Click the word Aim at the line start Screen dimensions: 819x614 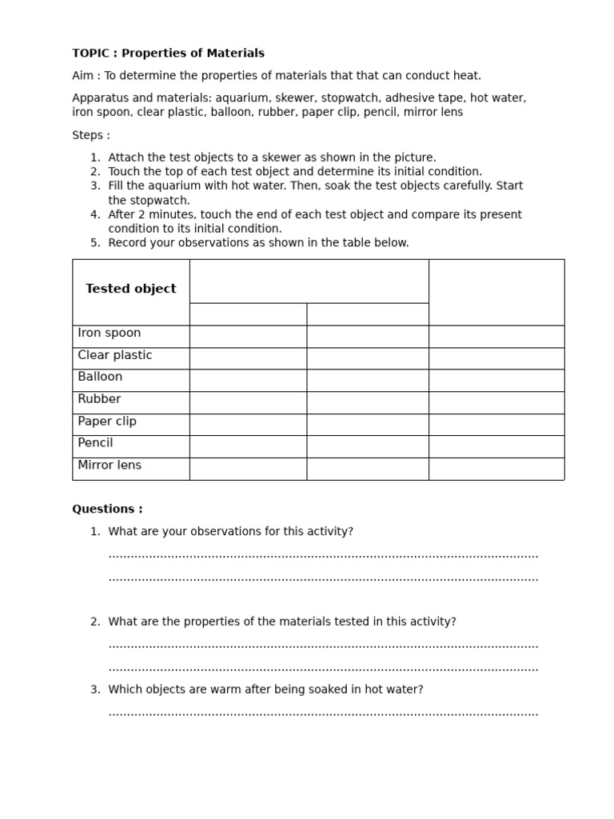pyautogui.click(x=83, y=76)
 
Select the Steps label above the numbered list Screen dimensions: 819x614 pyautogui.click(x=91, y=135)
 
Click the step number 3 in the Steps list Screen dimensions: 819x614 pyautogui.click(x=95, y=186)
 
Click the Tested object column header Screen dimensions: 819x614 pyautogui.click(x=131, y=289)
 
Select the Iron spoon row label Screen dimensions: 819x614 pyautogui.click(x=110, y=333)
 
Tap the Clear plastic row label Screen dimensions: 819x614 pyautogui.click(x=115, y=355)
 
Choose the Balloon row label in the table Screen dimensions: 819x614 pyautogui.click(x=100, y=377)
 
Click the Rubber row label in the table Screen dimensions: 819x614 pyautogui.click(x=99, y=399)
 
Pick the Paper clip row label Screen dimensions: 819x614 pyautogui.click(x=107, y=421)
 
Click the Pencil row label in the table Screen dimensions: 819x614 pyautogui.click(x=95, y=443)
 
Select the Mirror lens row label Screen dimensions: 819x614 pyautogui.click(x=110, y=465)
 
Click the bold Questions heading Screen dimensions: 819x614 pyautogui.click(x=107, y=509)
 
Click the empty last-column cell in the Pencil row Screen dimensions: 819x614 pyautogui.click(x=496, y=446)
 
